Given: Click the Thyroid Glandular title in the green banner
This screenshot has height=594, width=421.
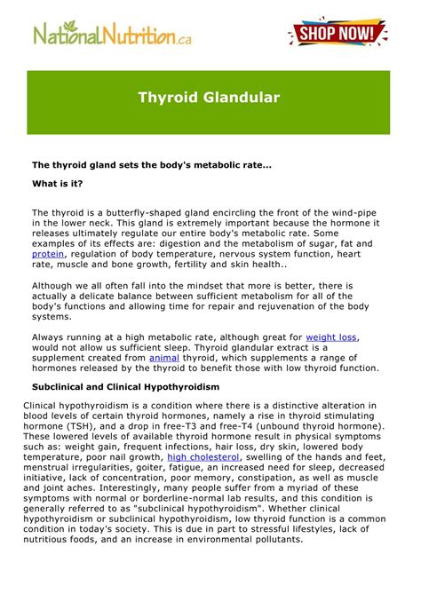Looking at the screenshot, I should pos(209,97).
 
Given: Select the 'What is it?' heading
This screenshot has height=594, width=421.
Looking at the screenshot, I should pos(59,184).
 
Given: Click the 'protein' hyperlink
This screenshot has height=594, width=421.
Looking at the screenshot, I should pos(49,253).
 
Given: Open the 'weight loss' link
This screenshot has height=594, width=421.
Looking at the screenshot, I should pos(331,337).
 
